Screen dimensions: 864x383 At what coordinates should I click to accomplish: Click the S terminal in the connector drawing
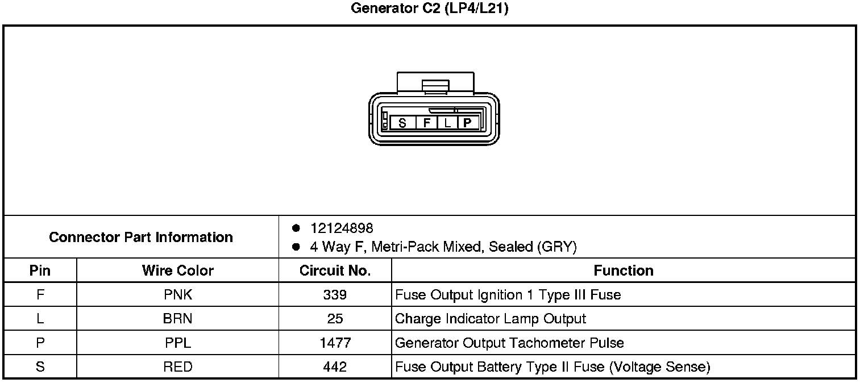pyautogui.click(x=402, y=123)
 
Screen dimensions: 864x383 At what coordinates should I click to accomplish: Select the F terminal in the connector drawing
pyautogui.click(x=426, y=123)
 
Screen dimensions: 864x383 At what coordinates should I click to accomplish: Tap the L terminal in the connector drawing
pyautogui.click(x=447, y=123)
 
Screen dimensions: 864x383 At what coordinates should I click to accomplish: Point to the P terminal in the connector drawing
pyautogui.click(x=467, y=123)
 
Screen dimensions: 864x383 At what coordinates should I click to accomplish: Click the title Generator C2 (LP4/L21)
pyautogui.click(x=429, y=9)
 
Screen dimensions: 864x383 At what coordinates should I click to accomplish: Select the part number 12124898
pyautogui.click(x=342, y=228)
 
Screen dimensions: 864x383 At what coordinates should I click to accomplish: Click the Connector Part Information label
pyautogui.click(x=141, y=237)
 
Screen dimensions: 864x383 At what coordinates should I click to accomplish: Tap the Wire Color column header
pyautogui.click(x=178, y=270)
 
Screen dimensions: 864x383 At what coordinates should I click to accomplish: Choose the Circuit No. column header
pyautogui.click(x=335, y=270)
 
